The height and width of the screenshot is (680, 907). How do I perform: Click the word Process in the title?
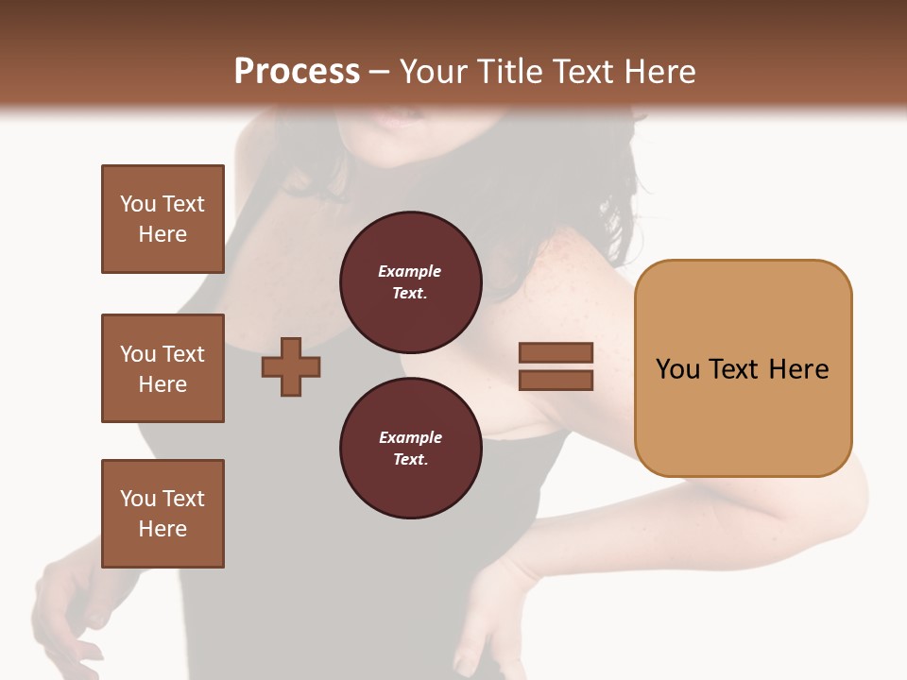pos(297,72)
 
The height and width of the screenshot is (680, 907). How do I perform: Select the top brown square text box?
pos(163,219)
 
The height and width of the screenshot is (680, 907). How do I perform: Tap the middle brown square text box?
pos(163,368)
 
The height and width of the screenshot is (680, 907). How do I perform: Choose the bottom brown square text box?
pos(163,514)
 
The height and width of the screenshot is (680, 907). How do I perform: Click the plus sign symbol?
pos(291,367)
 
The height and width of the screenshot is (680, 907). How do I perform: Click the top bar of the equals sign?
pos(556,353)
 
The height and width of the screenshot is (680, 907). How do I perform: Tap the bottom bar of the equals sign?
pos(556,381)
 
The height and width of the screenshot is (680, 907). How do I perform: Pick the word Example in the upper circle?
pos(410,271)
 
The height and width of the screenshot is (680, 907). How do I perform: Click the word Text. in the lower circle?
pos(410,460)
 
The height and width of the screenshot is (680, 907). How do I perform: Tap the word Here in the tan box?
pos(798,369)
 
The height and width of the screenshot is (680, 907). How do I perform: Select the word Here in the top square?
pos(163,234)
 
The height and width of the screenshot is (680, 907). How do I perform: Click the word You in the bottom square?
pos(137,499)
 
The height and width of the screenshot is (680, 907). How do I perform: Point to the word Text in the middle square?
pos(183,354)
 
